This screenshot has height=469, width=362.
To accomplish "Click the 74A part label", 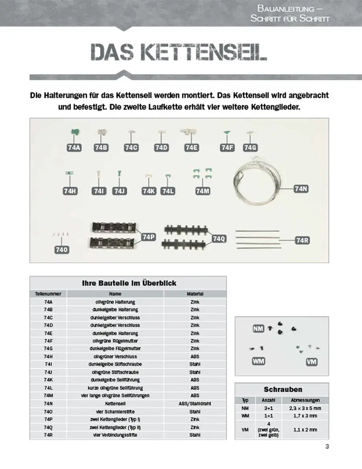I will [x=74, y=148].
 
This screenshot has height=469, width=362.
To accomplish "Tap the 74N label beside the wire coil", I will [x=301, y=188].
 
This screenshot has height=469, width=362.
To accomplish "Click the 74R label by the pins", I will [x=302, y=240].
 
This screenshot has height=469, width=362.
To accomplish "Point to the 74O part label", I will [x=62, y=250].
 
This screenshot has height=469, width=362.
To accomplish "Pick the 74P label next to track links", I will [x=148, y=237].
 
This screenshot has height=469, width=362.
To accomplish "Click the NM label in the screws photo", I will [x=259, y=329].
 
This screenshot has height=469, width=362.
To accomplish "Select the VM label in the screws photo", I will [x=312, y=362].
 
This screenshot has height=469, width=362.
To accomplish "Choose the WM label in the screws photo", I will [x=258, y=361].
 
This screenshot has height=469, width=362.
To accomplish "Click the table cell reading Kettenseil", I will [x=115, y=403].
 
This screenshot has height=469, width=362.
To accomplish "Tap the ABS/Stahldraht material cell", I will [x=195, y=403].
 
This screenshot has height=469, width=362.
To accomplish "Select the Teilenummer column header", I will [x=48, y=294].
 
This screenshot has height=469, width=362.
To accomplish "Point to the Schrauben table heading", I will [x=283, y=389].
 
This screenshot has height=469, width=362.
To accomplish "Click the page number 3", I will [x=327, y=446].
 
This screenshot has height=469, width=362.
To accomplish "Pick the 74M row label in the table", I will [x=48, y=395].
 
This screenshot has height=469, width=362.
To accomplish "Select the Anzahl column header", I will [x=268, y=400].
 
